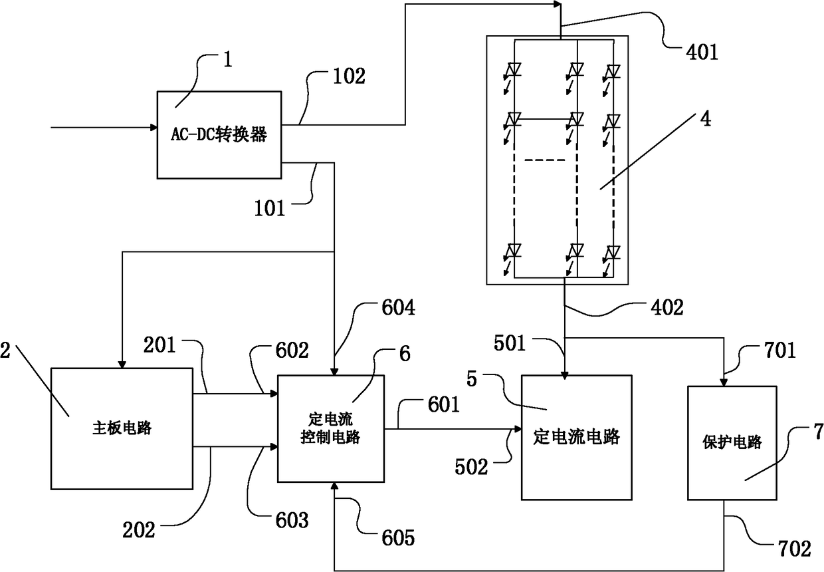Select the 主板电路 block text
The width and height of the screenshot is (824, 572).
tap(122, 428)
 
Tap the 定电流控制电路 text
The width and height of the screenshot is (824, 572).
tap(330, 428)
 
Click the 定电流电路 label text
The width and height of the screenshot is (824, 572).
tap(576, 437)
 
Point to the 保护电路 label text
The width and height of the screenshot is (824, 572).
tap(732, 442)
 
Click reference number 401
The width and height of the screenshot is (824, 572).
tap(702, 52)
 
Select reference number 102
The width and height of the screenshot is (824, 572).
tap(349, 76)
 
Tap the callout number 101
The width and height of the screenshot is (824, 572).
tap(270, 208)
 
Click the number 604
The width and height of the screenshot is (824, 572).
tap(399, 308)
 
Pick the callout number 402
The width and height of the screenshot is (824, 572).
tap(667, 308)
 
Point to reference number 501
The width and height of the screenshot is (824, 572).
tap(510, 343)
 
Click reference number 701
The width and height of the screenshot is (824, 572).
tap(780, 350)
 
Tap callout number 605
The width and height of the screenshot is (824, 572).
tap(398, 538)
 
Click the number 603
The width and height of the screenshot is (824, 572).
tap(292, 521)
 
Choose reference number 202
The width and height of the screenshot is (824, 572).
tap(139, 531)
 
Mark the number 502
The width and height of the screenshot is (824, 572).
tap(471, 467)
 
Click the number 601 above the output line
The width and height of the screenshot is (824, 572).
tap(444, 404)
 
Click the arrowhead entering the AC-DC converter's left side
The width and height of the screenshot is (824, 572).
tap(154, 127)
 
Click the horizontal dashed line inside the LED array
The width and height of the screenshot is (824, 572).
tap(545, 160)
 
